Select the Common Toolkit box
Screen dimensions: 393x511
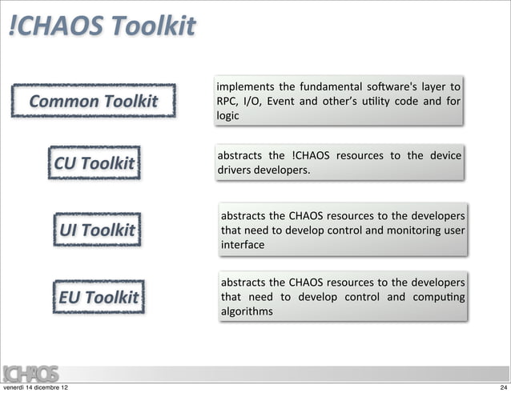pos(95,102)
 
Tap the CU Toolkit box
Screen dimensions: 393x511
pos(94,164)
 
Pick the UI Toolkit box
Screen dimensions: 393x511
pos(97,231)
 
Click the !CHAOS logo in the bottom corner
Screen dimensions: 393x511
pos(29,373)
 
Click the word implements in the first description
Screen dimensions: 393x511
pos(243,86)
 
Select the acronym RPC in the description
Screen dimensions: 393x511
pos(227,102)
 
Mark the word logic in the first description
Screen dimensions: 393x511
pos(227,116)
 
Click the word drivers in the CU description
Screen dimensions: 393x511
pos(235,171)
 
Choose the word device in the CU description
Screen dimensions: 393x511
pos(445,156)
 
